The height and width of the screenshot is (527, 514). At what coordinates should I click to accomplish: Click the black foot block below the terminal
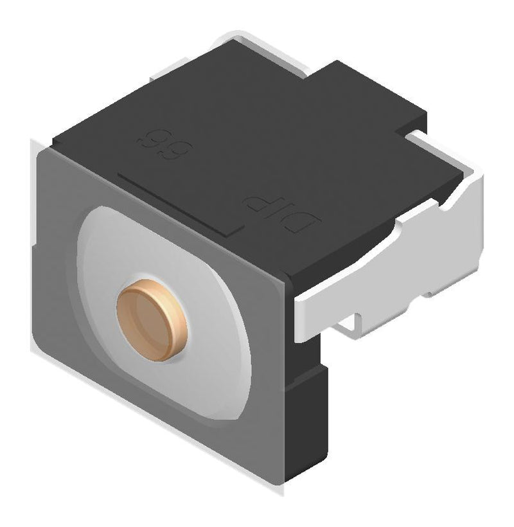[x=308, y=411]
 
